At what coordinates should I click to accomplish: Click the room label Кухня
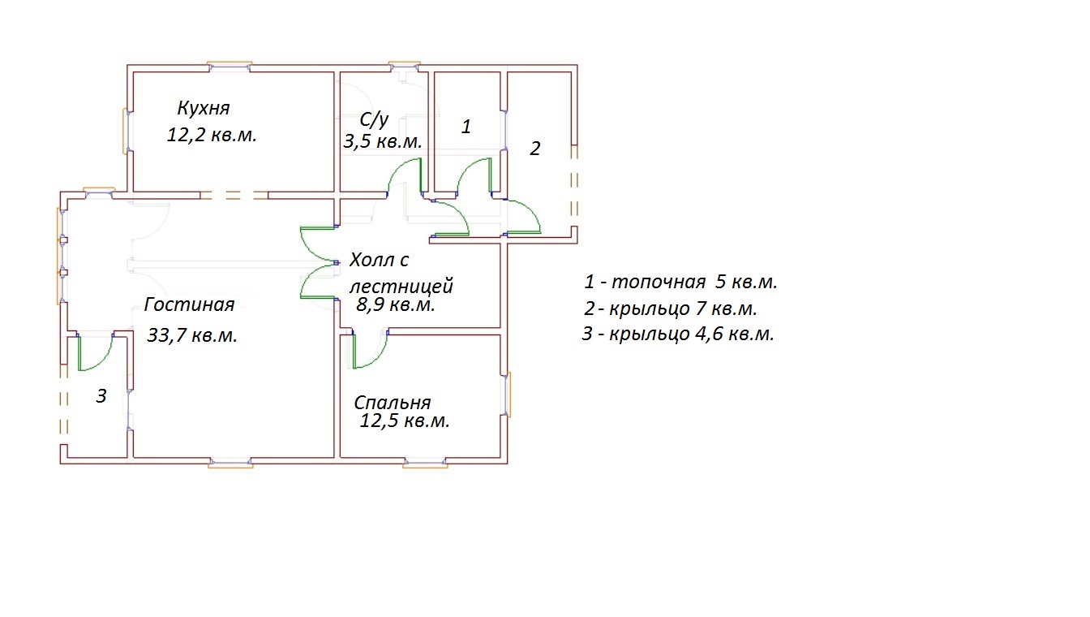click(x=204, y=108)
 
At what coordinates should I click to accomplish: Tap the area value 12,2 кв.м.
click(x=211, y=135)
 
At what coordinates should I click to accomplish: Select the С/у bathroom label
click(x=374, y=120)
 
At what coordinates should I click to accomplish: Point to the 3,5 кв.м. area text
click(x=383, y=141)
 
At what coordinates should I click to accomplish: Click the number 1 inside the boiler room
click(x=466, y=127)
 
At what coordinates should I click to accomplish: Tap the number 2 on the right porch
click(x=534, y=149)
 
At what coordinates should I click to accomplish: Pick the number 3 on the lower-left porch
click(x=101, y=396)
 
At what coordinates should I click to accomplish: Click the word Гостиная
click(x=189, y=304)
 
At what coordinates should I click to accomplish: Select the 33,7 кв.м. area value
click(x=192, y=335)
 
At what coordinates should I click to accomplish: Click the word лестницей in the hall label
click(x=401, y=286)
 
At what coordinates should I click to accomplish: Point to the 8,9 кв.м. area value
click(x=396, y=305)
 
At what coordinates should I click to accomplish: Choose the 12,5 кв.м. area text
click(x=405, y=421)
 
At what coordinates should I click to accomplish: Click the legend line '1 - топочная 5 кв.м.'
click(x=680, y=282)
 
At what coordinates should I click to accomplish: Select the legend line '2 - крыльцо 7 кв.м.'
click(x=670, y=308)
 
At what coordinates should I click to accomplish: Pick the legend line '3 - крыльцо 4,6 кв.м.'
click(x=678, y=334)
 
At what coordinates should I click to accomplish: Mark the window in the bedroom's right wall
click(x=507, y=395)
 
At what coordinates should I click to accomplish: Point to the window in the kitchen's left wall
click(x=127, y=132)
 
